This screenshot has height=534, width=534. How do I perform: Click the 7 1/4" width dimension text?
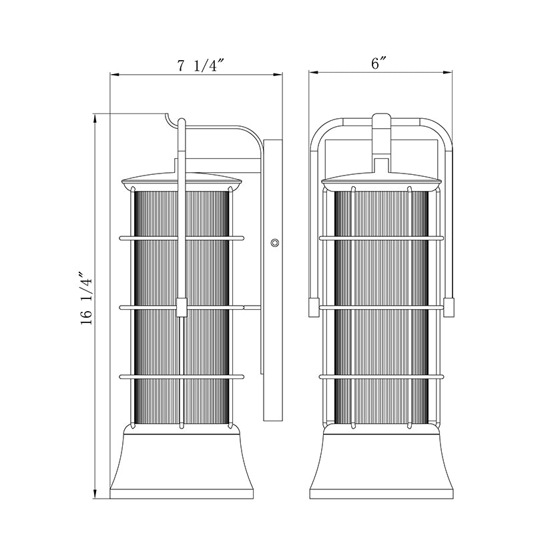click(x=202, y=65)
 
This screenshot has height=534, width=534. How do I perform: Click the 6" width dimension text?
click(x=379, y=63)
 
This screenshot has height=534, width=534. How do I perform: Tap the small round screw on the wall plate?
click(x=274, y=243)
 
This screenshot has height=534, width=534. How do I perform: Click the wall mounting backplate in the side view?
click(x=273, y=280)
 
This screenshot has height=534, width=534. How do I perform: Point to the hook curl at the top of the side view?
click(x=170, y=121)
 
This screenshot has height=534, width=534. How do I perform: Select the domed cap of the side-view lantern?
click(x=182, y=181)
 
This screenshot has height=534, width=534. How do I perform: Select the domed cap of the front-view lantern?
click(x=382, y=181)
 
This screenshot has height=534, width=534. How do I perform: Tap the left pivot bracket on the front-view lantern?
click(x=314, y=307)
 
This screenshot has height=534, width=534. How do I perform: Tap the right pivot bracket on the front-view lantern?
click(x=449, y=307)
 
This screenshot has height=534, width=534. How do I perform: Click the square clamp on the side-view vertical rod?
click(x=182, y=308)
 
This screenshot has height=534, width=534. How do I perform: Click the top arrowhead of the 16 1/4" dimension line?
click(x=95, y=118)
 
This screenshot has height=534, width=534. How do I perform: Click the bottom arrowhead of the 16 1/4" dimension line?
click(x=95, y=495)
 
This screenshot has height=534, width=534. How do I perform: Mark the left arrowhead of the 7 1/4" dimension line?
click(x=114, y=75)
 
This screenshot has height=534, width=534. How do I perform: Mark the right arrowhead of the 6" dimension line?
click(x=447, y=72)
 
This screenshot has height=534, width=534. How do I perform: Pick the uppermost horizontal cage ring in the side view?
click(x=182, y=238)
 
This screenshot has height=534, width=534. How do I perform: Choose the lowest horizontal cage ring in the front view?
click(x=382, y=376)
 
